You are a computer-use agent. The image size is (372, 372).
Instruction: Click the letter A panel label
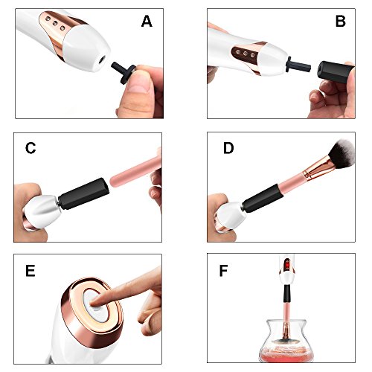(x=147, y=21)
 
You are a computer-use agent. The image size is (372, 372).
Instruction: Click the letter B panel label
(x=340, y=21)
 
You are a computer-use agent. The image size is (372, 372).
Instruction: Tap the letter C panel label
(x=31, y=148)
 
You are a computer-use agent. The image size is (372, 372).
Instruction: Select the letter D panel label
(x=228, y=148)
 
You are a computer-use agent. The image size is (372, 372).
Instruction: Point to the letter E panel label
(x=30, y=271)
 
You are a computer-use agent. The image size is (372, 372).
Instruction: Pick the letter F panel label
(x=223, y=271)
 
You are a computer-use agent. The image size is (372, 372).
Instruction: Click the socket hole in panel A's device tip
(x=102, y=60)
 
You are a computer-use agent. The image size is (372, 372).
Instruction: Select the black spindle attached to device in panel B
(x=298, y=65)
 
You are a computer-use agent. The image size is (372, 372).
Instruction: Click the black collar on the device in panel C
(x=84, y=193)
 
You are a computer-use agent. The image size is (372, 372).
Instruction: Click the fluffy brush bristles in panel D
(x=340, y=153)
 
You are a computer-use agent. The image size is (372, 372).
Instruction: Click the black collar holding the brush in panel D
(x=263, y=199)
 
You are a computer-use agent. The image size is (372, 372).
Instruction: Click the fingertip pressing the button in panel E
(x=95, y=302)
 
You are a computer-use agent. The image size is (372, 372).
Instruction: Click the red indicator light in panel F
(x=288, y=266)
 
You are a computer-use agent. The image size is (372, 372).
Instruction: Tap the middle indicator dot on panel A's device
(x=55, y=24)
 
